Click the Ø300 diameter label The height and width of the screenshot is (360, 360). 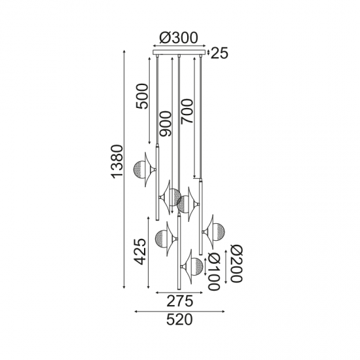tap(179, 37)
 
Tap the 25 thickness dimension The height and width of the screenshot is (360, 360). tap(219, 53)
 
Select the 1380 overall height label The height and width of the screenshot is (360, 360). tap(117, 162)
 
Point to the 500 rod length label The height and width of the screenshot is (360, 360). tap(141, 96)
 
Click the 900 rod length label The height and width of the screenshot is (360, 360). tap(166, 124)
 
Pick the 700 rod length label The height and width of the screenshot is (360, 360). tap(187, 111)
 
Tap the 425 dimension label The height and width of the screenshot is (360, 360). tap(140, 251)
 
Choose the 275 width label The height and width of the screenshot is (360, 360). tap(180, 301)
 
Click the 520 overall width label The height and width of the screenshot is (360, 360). tap(179, 320)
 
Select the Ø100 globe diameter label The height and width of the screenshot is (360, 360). tap(214, 272)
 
